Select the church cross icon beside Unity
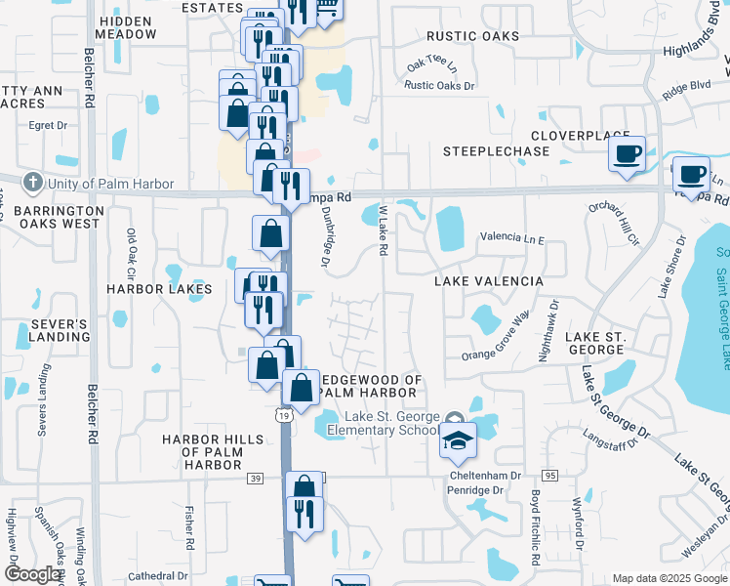pos(32,183)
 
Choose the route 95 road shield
pos(549,476)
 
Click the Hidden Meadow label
pos(127,27)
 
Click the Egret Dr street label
pos(49,125)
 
